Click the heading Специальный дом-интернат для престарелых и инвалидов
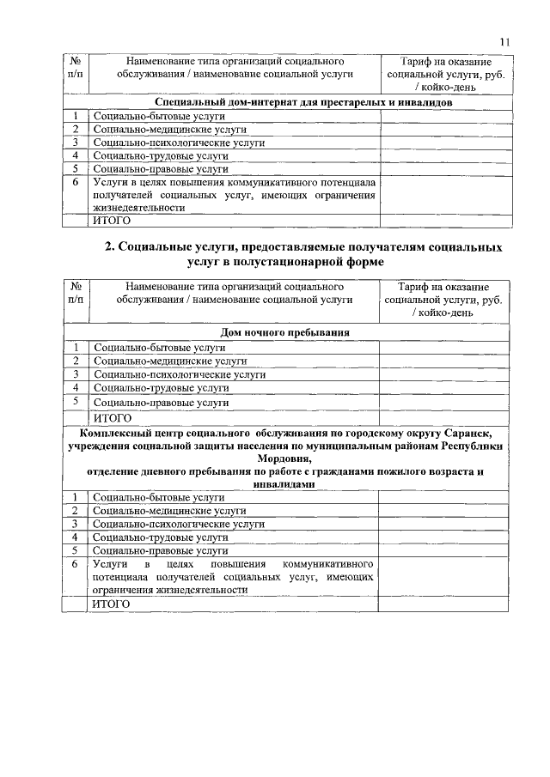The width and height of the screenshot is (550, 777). pyautogui.click(x=285, y=103)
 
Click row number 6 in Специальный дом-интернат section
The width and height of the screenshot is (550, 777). pyautogui.click(x=76, y=182)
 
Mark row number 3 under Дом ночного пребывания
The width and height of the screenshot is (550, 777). pyautogui.click(x=76, y=374)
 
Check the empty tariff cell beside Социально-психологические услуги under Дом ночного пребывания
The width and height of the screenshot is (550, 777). pyautogui.click(x=443, y=374)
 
